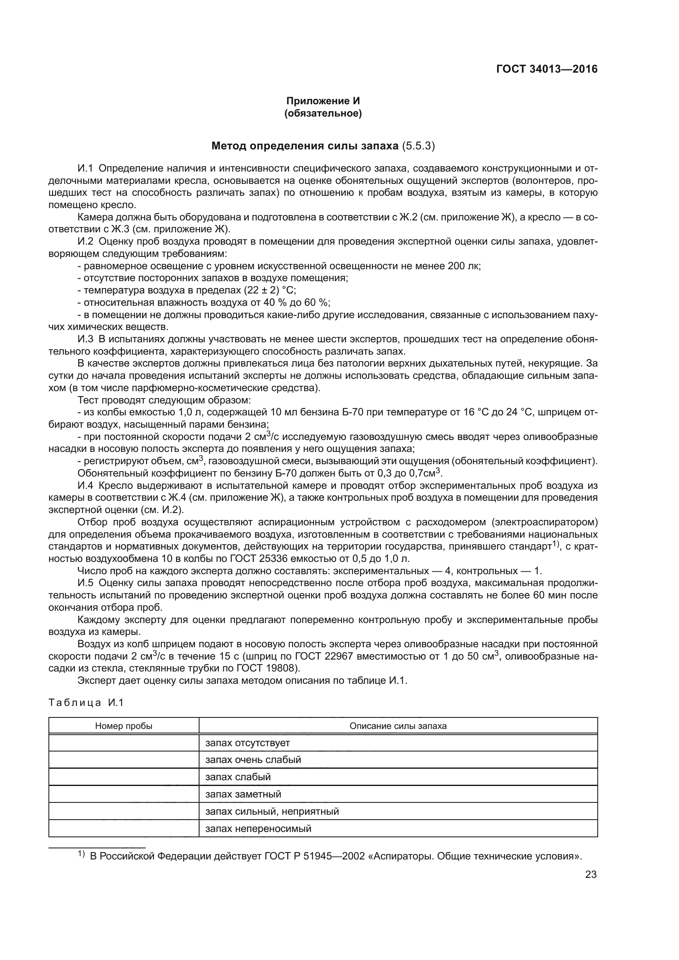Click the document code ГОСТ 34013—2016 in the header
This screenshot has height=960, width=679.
tap(546, 69)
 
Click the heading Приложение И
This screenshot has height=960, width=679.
tap(323, 101)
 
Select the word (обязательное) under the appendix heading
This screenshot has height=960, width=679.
tap(323, 113)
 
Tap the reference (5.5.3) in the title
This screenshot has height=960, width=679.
tap(418, 146)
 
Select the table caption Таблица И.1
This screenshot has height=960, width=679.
tap(86, 702)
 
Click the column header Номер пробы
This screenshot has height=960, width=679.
tap(124, 726)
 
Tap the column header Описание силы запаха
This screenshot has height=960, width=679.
tap(398, 726)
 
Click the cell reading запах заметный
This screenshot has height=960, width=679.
tap(243, 794)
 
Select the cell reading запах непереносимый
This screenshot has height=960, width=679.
tap(258, 828)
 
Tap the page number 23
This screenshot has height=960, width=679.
tap(591, 874)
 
